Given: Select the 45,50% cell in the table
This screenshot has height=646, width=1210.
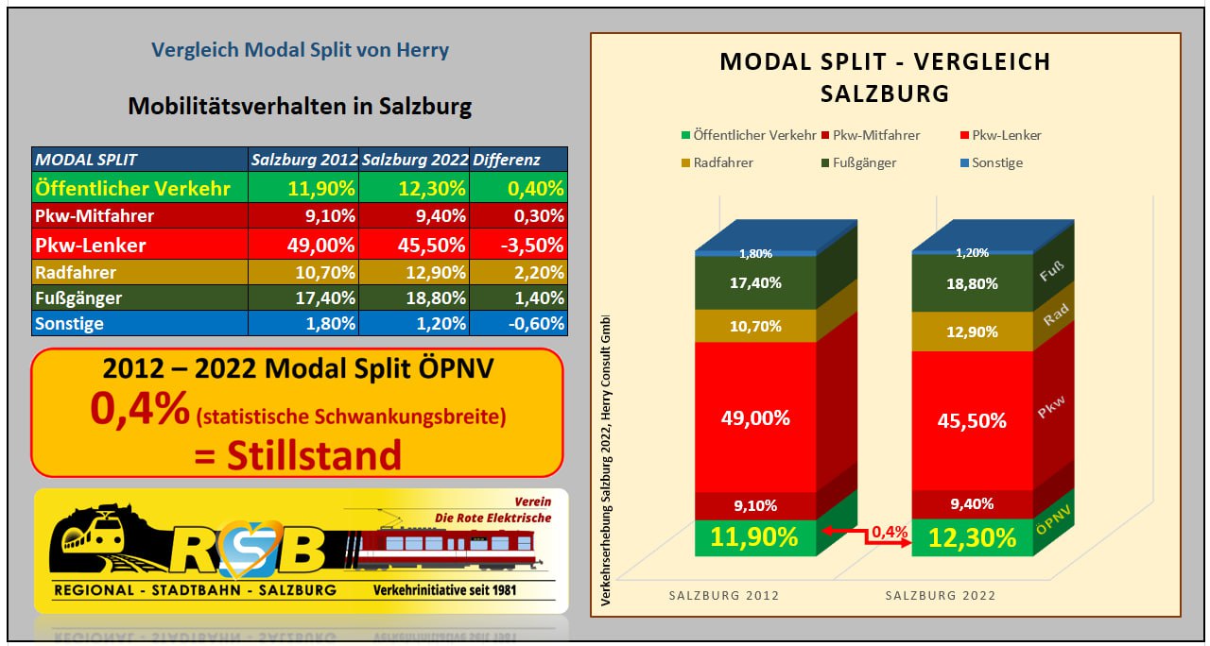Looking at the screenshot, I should pyautogui.click(x=415, y=245).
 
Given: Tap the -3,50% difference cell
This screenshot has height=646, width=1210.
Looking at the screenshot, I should pyautogui.click(x=519, y=245).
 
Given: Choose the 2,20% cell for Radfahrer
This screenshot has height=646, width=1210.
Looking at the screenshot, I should pyautogui.click(x=519, y=273).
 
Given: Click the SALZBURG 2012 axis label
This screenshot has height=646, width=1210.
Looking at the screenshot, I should pyautogui.click(x=724, y=596).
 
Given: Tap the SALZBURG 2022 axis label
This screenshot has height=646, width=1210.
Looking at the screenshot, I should pyautogui.click(x=941, y=596).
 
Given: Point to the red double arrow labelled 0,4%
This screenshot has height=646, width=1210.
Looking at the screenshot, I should pyautogui.click(x=865, y=536).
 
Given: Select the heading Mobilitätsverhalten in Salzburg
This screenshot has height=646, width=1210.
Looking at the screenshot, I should pyautogui.click(x=300, y=106).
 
